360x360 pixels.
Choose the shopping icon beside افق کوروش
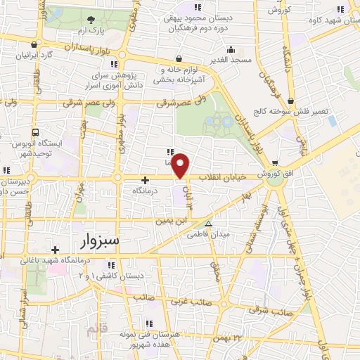point(275,163)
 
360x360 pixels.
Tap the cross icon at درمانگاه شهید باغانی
point(55,250)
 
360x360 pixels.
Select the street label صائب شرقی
point(271,311)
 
